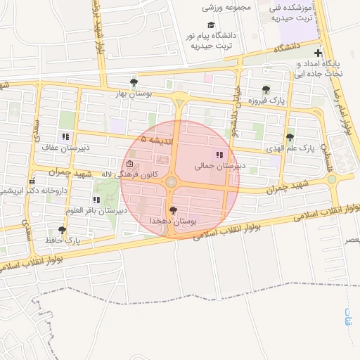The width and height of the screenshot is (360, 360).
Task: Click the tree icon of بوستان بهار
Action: click(134, 83)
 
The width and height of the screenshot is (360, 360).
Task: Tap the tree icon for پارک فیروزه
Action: click(266, 89)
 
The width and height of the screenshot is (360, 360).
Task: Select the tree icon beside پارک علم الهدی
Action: click(290, 137)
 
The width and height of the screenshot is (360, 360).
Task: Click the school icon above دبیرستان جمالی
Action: click(219, 155)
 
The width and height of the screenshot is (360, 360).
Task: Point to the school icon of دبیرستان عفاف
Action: click(65, 136)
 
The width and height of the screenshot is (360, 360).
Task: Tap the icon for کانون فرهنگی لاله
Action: click(119, 164)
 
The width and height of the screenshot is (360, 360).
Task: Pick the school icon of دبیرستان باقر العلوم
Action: click(96, 200)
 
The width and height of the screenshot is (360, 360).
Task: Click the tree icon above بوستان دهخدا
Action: click(174, 210)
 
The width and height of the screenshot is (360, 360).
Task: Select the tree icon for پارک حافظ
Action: click(62, 230)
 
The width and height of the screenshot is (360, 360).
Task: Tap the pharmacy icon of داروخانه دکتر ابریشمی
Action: click(32, 181)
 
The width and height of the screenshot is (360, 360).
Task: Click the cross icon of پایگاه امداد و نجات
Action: click(319, 53)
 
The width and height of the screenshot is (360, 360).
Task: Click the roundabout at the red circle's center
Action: click(172, 183)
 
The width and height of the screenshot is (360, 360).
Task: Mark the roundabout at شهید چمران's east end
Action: click(331, 179)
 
